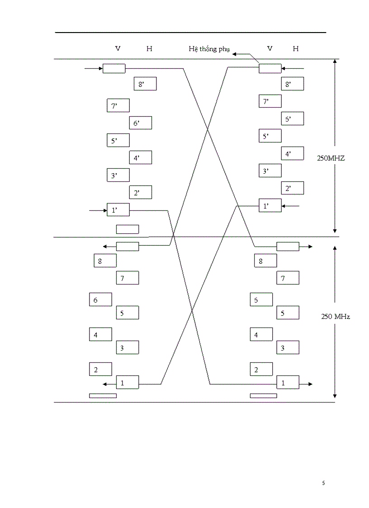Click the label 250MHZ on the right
coord(331,158)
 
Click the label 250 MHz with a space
coord(336,317)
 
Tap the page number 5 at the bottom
coord(323,483)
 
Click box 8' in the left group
coord(145,84)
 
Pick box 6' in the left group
coord(141,123)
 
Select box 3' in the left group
coord(118,176)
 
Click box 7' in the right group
coord(270,101)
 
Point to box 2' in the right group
coord(292,188)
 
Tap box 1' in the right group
coord(270,206)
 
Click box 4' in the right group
coord(292,154)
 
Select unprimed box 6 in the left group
coord(100,300)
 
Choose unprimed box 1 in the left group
coord(127,383)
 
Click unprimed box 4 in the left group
coord(100,335)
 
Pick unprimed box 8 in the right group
coord(265,261)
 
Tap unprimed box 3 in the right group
coord(288,348)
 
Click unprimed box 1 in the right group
coord(288,383)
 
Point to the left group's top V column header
coord(118,48)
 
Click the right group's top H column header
coord(295,48)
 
